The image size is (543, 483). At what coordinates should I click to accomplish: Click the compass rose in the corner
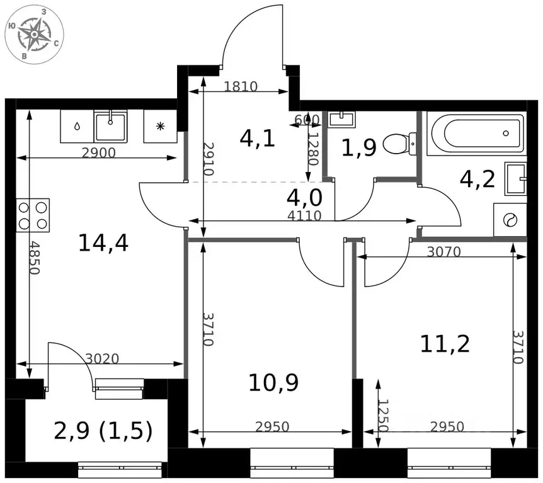[x=34, y=34]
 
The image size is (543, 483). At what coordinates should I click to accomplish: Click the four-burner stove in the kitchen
[x=33, y=215]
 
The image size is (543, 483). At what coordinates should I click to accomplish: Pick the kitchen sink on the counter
[x=110, y=126]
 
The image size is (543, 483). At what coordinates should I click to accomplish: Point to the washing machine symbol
[x=510, y=220]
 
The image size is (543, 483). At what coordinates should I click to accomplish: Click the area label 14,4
[x=103, y=243]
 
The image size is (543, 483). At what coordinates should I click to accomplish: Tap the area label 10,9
[x=273, y=383]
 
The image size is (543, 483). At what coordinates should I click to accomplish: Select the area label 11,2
[x=445, y=344]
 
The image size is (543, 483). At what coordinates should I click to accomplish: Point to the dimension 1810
[x=241, y=86]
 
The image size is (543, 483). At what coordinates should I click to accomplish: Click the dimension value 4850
[x=34, y=258]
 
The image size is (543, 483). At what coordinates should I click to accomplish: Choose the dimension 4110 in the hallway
[x=304, y=216]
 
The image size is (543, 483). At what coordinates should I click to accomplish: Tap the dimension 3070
[x=443, y=252]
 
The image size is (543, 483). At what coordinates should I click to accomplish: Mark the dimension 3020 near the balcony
[x=102, y=359]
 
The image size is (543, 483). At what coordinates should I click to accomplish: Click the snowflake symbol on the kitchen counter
[x=160, y=126]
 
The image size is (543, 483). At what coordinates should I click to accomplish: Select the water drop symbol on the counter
[x=76, y=126]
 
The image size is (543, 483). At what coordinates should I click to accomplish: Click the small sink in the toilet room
[x=341, y=118]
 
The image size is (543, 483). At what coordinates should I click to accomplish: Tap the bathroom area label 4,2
[x=477, y=179]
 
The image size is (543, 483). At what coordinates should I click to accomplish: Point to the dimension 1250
[x=383, y=415]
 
